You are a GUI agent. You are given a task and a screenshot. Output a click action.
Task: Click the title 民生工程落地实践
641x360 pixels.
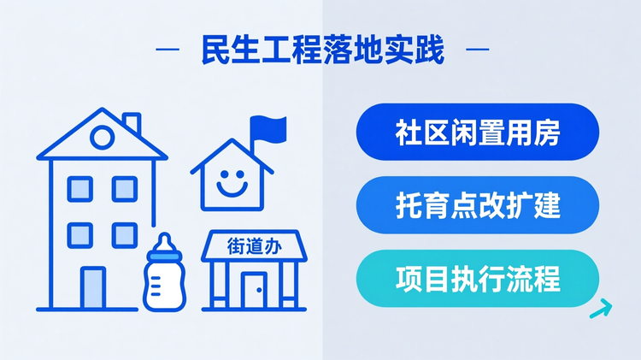point(323,50)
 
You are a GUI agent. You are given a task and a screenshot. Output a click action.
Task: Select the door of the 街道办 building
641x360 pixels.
point(253,290)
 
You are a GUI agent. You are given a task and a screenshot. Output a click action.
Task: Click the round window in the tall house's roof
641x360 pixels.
point(102,134)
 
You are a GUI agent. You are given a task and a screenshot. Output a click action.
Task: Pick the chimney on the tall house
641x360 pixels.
point(132,122)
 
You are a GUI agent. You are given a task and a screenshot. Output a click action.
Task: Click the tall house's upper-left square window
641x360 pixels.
point(79,189)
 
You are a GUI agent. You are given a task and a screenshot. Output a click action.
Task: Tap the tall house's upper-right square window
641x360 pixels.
point(124,189)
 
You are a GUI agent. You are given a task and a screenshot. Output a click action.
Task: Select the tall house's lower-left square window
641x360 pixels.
point(79,233)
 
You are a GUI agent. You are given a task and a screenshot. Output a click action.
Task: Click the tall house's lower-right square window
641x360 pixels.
point(124,233)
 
